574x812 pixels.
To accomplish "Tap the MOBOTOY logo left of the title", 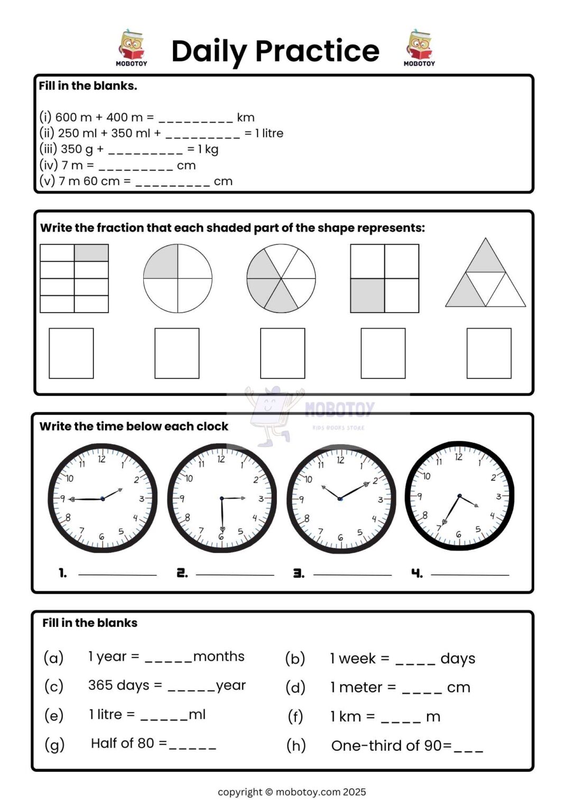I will pyautogui.click(x=131, y=48).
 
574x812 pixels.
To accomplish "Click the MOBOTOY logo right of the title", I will pyautogui.click(x=419, y=48).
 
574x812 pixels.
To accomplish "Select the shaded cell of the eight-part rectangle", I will pyautogui.click(x=91, y=253).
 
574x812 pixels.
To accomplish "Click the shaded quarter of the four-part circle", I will pyautogui.click(x=161, y=262).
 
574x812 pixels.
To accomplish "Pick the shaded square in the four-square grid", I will pyautogui.click(x=367, y=296).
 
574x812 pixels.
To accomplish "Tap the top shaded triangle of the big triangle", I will pyautogui.click(x=485, y=260).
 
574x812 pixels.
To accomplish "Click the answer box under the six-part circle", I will pyautogui.click(x=282, y=353).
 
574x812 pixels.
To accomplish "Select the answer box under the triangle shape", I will pyautogui.click(x=488, y=353).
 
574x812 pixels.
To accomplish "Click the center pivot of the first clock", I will pyautogui.click(x=103, y=499).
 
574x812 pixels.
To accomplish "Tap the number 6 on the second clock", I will pyautogui.click(x=221, y=537).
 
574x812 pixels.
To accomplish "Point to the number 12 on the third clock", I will pyautogui.click(x=340, y=460).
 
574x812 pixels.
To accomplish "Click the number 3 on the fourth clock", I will pyautogui.click(x=498, y=496).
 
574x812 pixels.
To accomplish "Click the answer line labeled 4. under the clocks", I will pyautogui.click(x=470, y=574).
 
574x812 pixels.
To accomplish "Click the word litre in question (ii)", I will pyautogui.click(x=273, y=133).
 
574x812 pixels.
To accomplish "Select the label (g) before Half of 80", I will pyautogui.click(x=54, y=744).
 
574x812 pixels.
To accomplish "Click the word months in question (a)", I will pyautogui.click(x=219, y=657).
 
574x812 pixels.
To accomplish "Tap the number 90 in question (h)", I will pyautogui.click(x=433, y=745).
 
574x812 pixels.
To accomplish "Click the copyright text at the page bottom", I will pyautogui.click(x=292, y=792).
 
